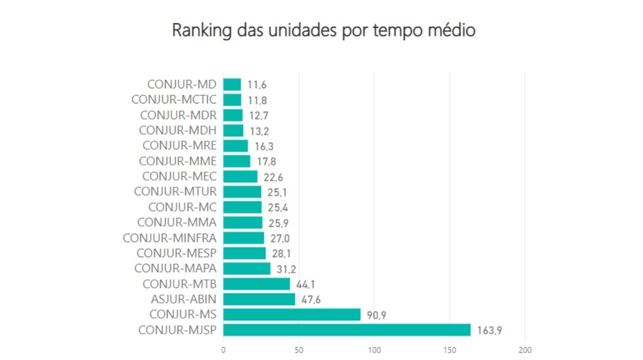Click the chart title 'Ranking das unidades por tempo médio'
323,30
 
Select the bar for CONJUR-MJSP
347,330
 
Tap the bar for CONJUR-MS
292,314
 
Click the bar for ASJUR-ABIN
259,299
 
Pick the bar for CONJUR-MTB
257,284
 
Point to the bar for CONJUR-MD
232,84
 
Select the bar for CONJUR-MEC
240,177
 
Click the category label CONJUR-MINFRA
169,238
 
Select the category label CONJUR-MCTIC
173,100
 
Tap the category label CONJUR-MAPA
175,268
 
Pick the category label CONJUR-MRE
179,146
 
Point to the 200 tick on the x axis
524,350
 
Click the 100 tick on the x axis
374,350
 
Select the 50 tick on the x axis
299,350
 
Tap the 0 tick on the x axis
224,350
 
